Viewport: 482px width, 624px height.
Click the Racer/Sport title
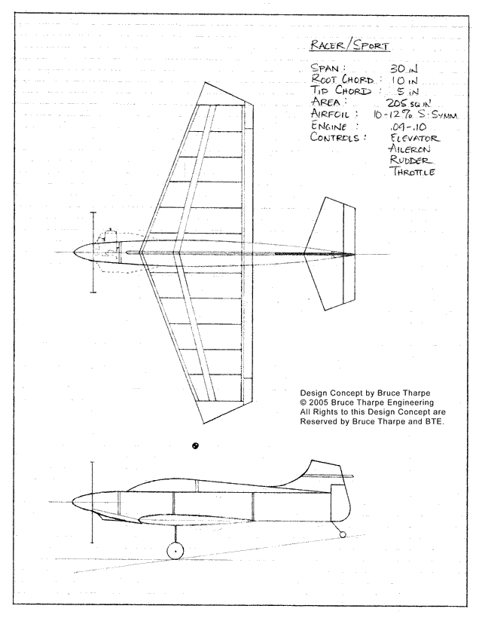click(349, 45)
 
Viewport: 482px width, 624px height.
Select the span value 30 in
click(404, 69)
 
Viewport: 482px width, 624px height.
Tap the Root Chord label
click(343, 79)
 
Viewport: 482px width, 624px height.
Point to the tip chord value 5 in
click(407, 91)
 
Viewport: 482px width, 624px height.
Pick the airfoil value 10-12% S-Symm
click(415, 115)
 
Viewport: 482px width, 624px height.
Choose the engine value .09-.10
click(408, 127)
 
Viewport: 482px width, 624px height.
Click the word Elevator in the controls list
click(415, 138)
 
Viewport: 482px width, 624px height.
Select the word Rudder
click(410, 160)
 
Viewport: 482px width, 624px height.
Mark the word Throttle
click(413, 172)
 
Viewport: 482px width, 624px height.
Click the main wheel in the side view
click(175, 550)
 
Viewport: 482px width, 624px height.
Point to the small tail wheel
click(343, 534)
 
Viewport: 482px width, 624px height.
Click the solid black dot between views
click(195, 445)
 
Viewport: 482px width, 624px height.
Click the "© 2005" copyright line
click(367, 402)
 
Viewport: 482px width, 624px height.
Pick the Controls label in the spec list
click(337, 137)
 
